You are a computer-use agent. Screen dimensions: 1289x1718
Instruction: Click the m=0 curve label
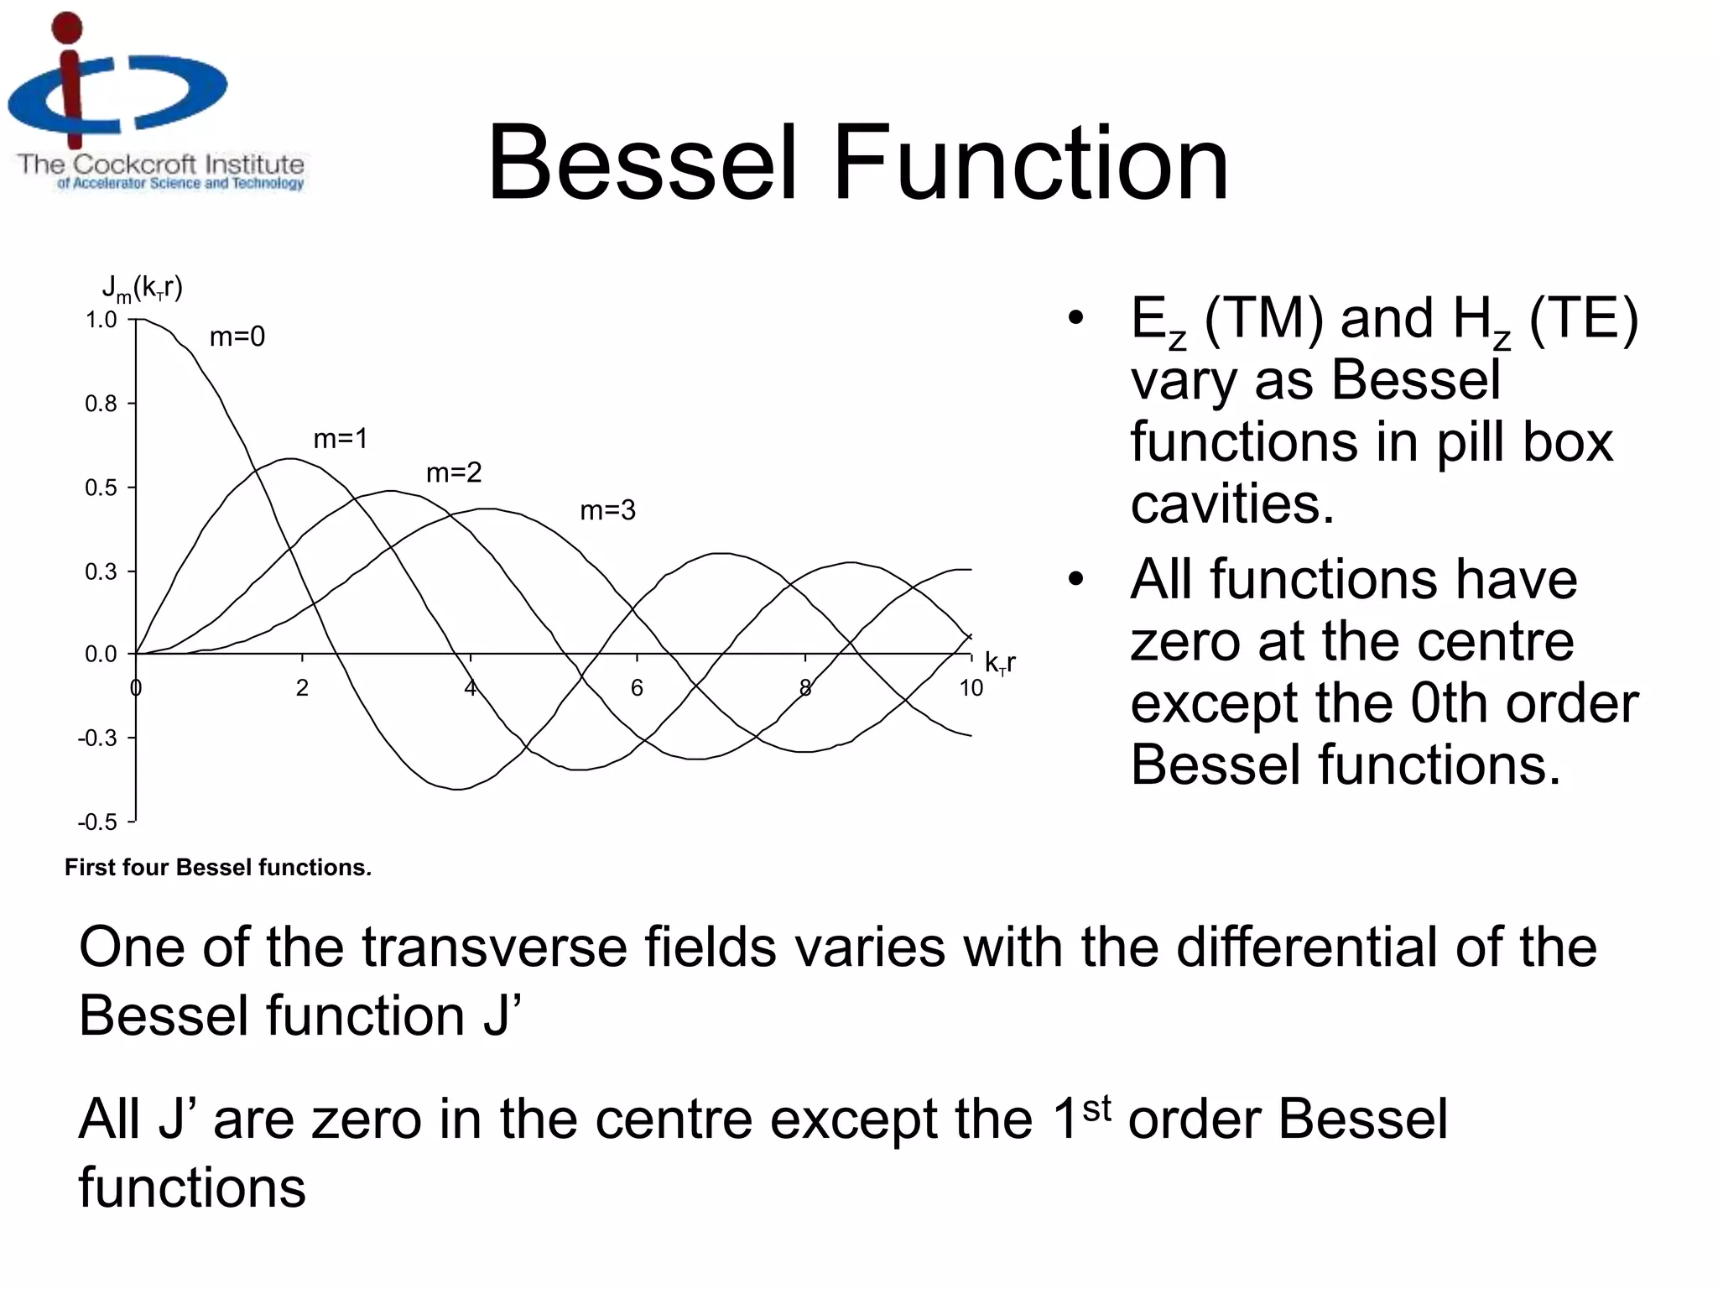(x=237, y=337)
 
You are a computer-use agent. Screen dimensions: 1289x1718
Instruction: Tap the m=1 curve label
(x=340, y=439)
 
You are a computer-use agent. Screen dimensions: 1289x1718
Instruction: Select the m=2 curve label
(x=454, y=473)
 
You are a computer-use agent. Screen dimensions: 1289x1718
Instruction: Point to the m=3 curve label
(x=607, y=510)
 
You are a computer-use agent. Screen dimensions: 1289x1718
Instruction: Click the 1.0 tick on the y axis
(x=102, y=320)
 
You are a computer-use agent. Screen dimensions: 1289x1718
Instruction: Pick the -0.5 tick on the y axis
(x=98, y=822)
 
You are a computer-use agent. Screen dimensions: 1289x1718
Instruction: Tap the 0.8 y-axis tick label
(x=102, y=404)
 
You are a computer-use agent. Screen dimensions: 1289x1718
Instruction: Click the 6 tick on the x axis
(x=637, y=688)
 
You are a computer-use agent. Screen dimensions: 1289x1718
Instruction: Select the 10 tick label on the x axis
(x=971, y=688)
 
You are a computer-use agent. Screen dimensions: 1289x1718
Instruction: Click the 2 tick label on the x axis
(x=302, y=688)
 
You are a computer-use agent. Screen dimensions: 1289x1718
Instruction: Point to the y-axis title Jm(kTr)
(x=142, y=290)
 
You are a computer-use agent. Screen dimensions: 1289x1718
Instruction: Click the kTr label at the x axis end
(x=1000, y=663)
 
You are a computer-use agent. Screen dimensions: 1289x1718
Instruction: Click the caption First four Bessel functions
(x=218, y=867)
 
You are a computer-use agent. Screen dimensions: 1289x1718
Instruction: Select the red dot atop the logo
(x=68, y=28)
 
